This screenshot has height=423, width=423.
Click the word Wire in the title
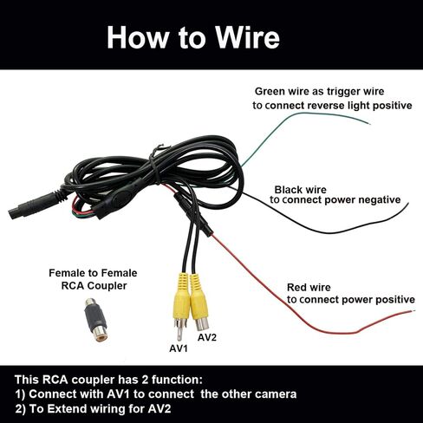(248, 37)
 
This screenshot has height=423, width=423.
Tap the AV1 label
(179, 348)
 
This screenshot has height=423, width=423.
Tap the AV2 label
(207, 337)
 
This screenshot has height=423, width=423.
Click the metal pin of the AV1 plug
(179, 331)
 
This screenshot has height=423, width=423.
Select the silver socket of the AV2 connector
(202, 324)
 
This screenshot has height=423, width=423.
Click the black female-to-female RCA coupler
(95, 320)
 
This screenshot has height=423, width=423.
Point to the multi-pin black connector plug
(37, 205)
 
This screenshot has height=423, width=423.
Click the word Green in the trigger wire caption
(270, 92)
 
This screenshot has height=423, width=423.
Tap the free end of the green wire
(368, 124)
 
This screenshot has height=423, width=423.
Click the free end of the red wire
(414, 311)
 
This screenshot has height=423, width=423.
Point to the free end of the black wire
(408, 204)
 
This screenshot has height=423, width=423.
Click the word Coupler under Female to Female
(107, 286)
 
